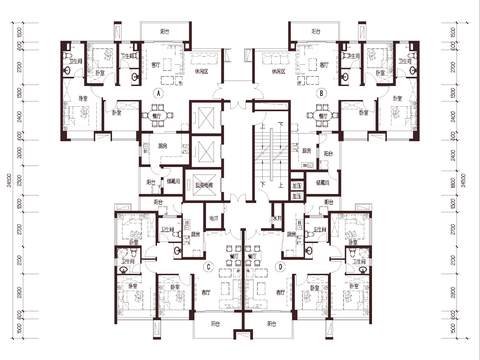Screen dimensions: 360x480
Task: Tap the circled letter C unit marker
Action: (x=209, y=266)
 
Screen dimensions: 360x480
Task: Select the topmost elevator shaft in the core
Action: (x=208, y=117)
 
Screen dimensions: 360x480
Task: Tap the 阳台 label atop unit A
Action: (x=164, y=32)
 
